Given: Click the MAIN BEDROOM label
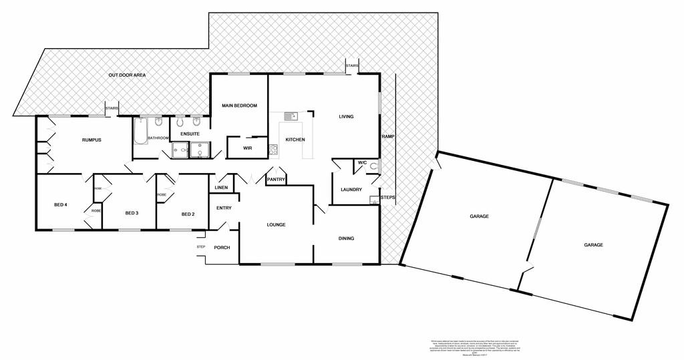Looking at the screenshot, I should (240, 106).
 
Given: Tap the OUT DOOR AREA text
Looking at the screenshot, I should (127, 75).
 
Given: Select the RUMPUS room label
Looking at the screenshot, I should (92, 140).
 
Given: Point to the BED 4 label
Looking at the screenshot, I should (61, 204).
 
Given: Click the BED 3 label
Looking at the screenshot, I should (132, 213).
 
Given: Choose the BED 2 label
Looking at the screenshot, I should (188, 214).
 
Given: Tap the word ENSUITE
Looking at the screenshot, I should (190, 134).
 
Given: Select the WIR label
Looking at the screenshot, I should (247, 148).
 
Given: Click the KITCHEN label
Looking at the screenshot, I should (295, 140).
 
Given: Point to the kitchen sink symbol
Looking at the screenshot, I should (290, 116).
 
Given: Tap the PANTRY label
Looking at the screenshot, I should (276, 180).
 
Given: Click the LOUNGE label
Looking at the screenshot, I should (276, 224).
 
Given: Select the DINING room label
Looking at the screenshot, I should (346, 238).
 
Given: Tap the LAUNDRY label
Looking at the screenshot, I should (351, 190).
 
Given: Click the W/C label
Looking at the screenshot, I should (363, 162).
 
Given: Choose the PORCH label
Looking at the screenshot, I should (222, 248).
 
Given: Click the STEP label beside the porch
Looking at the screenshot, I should (200, 247).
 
